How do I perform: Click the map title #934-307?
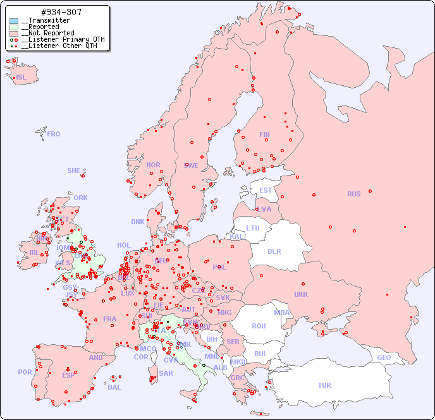tap(60, 12)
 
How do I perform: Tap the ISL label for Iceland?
tap(21, 78)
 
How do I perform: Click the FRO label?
tap(54, 134)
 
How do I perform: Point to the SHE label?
tap(73, 171)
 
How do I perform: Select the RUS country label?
tap(353, 194)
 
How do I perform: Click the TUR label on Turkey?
tap(324, 385)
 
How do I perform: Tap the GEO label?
tap(384, 357)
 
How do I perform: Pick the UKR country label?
tap(301, 294)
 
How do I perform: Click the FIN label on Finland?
tap(264, 135)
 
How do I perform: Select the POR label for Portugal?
tap(25, 372)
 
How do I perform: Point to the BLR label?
tap(274, 251)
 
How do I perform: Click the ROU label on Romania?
tap(259, 326)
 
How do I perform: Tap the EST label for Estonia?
tap(266, 190)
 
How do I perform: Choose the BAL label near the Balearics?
tap(114, 387)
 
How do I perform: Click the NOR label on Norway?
tap(153, 165)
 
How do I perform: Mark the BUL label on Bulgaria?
tap(260, 354)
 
